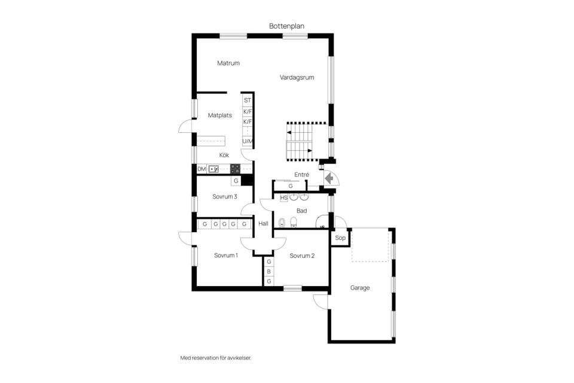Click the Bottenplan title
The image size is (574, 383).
tap(286, 26)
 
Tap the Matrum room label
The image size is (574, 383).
tap(228, 63)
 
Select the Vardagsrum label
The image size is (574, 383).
tap(297, 77)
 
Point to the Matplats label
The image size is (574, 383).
tap(219, 115)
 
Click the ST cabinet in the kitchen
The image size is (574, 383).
tap(248, 101)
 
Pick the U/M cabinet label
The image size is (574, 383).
tap(248, 141)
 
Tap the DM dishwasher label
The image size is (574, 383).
tap(201, 169)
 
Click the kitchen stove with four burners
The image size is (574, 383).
tap(235, 169)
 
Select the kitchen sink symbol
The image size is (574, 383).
tap(213, 169)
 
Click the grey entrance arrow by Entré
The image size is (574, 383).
tap(329, 178)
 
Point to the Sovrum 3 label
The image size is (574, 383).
tap(225, 196)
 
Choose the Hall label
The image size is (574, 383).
tap(263, 224)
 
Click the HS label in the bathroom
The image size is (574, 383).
tap(283, 198)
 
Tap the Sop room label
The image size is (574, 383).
tap(340, 238)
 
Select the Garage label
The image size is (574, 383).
tap(360, 288)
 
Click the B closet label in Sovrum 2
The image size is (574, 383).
tap(268, 272)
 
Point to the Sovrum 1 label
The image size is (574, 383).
tap(226, 255)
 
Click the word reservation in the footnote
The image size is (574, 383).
tap(204, 358)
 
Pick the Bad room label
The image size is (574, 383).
tap(301, 211)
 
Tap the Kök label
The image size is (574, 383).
tap(224, 155)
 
